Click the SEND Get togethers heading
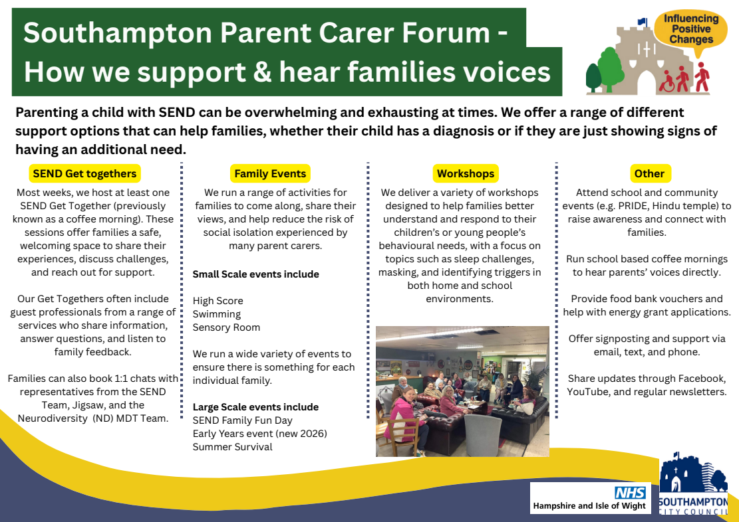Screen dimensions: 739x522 [x=85, y=173]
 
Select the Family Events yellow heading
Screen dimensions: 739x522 [x=270, y=173]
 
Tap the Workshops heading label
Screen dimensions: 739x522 [x=466, y=173]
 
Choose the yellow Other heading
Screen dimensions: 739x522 [x=649, y=173]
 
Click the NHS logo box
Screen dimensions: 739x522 [x=590, y=498]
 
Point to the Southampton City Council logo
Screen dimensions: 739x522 [x=693, y=484]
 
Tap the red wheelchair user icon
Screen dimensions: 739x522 [x=667, y=82]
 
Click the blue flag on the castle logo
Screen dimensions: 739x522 [x=642, y=21]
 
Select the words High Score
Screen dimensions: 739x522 [x=218, y=301]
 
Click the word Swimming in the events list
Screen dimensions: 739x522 [x=217, y=314]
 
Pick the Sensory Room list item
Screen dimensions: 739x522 [x=226, y=327]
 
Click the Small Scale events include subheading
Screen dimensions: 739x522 [x=256, y=274]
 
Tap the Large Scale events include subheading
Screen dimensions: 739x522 [x=256, y=406]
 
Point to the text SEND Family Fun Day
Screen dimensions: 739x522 [x=243, y=420]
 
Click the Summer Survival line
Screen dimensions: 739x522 [x=233, y=447]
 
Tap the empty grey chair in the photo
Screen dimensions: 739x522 [x=483, y=434]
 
